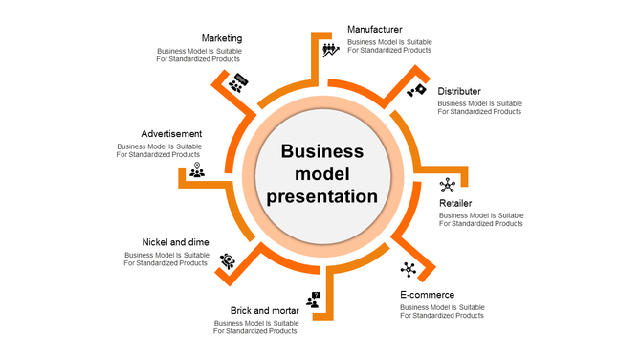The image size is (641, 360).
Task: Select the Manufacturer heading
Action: pos(374,30)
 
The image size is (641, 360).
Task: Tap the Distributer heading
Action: pos(459,91)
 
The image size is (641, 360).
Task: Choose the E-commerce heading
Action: pos(427,295)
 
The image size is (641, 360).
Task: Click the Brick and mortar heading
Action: pos(264,310)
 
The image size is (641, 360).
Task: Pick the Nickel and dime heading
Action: pos(175,242)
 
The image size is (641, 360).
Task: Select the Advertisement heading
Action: pos(171,133)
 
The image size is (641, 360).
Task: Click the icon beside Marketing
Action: pos(238,82)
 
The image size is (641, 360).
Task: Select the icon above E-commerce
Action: pos(409,270)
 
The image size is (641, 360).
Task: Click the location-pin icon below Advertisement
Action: pos(196,171)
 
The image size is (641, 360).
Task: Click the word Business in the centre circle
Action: pos(321,151)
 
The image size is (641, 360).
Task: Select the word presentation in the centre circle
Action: pos(321,196)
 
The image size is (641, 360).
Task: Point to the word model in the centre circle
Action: pos(321,173)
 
